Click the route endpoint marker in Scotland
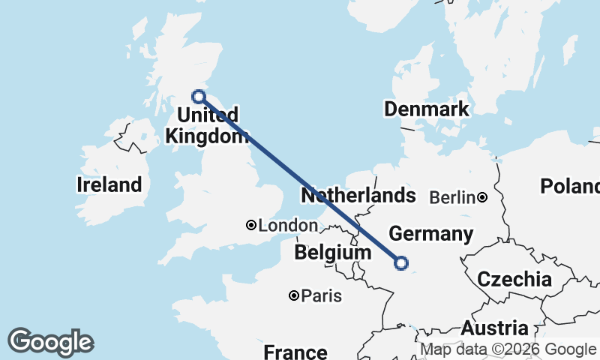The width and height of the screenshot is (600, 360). pos(199,96)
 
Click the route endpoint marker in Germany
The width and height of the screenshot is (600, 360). pos(401,262)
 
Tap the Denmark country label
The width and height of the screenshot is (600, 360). pos(426,109)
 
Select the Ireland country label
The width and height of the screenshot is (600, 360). pos(109,184)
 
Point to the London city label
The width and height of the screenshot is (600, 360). pos(288,225)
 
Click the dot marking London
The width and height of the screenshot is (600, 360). pos(251,225)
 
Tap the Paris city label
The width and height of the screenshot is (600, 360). pos(321,296)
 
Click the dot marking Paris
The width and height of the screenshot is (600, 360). pos(294,296)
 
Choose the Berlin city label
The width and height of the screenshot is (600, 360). pos(452,198)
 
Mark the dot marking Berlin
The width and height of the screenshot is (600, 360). pos(482,198)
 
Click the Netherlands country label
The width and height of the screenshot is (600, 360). pos(358,196)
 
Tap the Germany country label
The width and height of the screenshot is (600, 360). pos(431,234)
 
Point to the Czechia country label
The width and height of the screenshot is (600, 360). pos(514,280)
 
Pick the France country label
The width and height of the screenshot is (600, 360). pos(295,352)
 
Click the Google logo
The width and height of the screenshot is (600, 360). pos(50,342)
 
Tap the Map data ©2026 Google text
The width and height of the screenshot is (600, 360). pos(508,349)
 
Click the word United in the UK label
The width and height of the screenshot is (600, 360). pos(208,115)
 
